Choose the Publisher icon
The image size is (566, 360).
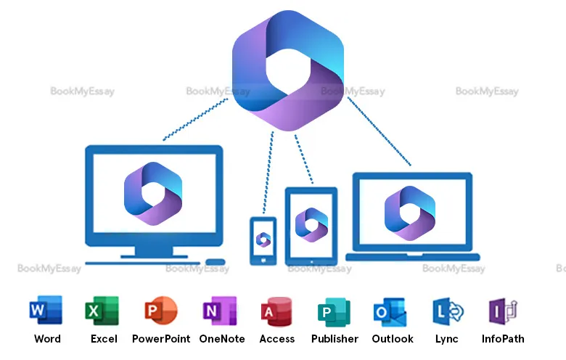click(334, 311)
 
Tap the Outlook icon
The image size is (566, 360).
click(390, 311)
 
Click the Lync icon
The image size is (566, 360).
click(447, 311)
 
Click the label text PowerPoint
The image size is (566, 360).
click(161, 339)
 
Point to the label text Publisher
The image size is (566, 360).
click(335, 339)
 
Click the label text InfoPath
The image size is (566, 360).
click(503, 339)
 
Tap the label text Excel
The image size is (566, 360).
click(104, 339)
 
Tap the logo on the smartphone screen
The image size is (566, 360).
click(263, 240)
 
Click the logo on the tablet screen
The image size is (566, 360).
click(312, 225)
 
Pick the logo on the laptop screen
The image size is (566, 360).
click(410, 213)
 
